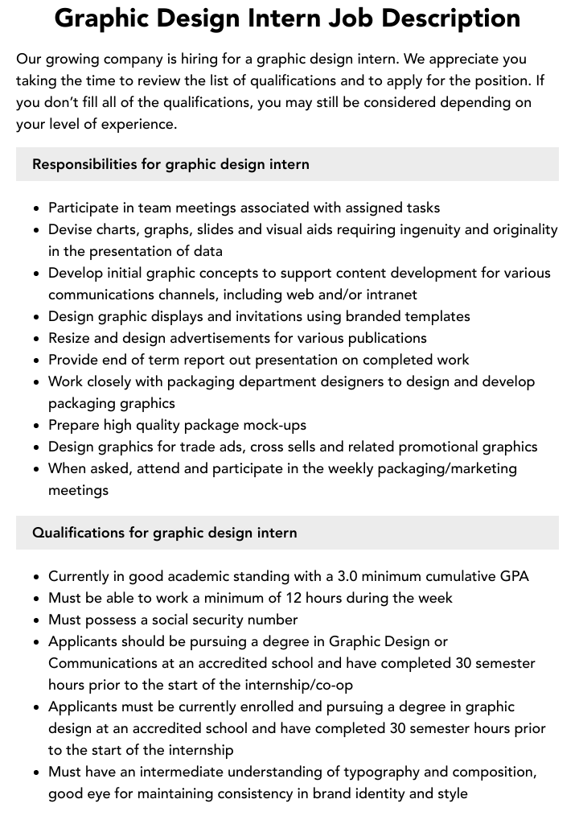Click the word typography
pos(382,772)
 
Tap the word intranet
pos(389,295)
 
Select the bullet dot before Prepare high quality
pos(37,426)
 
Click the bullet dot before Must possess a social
pos(37,620)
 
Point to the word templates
pos(432,316)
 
